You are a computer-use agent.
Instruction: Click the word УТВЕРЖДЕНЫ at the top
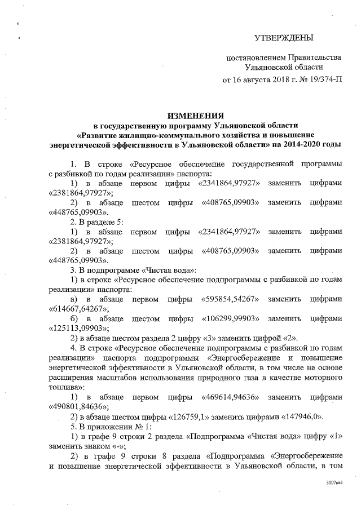click(283, 38)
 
